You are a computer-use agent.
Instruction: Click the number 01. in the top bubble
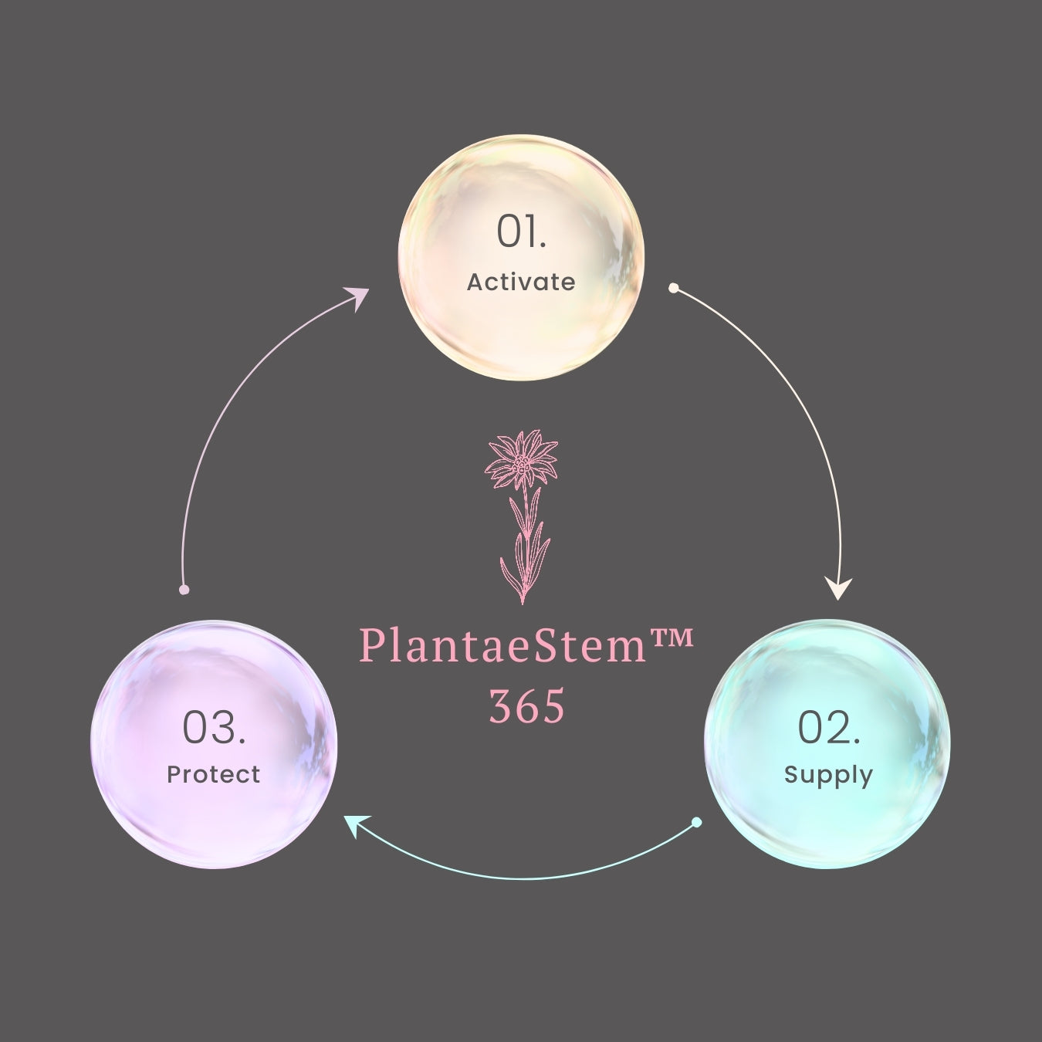(521, 232)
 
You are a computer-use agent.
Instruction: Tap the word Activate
(521, 282)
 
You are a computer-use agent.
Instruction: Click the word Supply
(828, 774)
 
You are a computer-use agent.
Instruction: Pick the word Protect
(214, 774)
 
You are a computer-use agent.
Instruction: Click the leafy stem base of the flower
(525, 556)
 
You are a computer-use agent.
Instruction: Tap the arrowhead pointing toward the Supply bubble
(839, 589)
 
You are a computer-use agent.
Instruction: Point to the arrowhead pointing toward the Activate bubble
(357, 297)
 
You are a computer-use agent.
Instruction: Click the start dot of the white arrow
(674, 288)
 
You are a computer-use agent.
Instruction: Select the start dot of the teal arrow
(696, 823)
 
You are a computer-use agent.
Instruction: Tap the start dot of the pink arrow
(184, 590)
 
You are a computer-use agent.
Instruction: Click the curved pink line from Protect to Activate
(224, 417)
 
